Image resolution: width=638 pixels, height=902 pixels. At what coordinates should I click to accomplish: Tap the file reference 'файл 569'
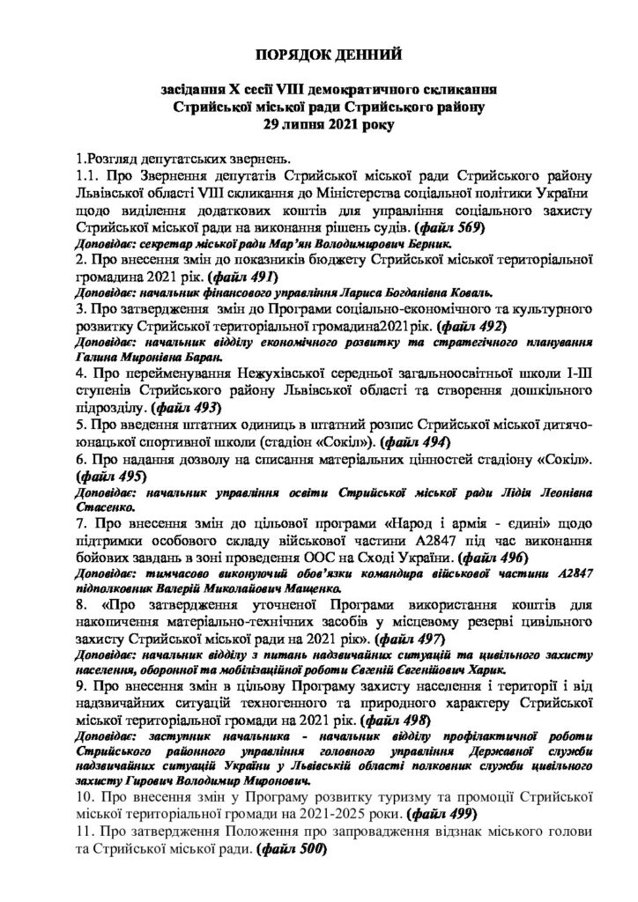tap(490, 227)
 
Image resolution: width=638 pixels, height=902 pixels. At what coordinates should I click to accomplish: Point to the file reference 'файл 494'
tap(422, 440)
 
